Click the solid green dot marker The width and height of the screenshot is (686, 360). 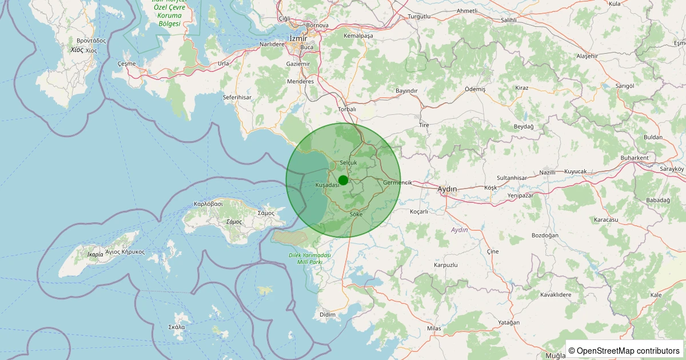(x=343, y=181)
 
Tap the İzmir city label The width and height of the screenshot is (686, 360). (x=298, y=38)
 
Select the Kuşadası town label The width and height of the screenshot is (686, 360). (x=328, y=185)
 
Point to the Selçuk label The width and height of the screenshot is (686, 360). (x=348, y=163)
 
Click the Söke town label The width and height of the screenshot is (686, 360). (x=356, y=214)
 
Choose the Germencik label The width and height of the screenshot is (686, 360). (x=397, y=183)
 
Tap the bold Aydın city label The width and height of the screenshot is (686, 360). (x=447, y=189)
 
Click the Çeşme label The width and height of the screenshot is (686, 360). (x=126, y=63)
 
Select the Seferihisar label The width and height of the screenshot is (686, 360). (x=237, y=98)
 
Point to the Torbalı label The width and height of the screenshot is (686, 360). (x=347, y=109)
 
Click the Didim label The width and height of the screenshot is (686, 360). (x=328, y=315)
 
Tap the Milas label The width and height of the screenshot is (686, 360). (x=434, y=329)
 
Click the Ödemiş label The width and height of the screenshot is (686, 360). (x=475, y=90)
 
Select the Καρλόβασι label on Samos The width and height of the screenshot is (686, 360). (x=208, y=204)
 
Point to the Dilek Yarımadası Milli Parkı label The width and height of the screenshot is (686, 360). (x=310, y=258)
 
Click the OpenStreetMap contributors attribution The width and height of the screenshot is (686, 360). (x=624, y=350)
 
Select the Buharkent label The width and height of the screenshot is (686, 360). (x=635, y=158)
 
